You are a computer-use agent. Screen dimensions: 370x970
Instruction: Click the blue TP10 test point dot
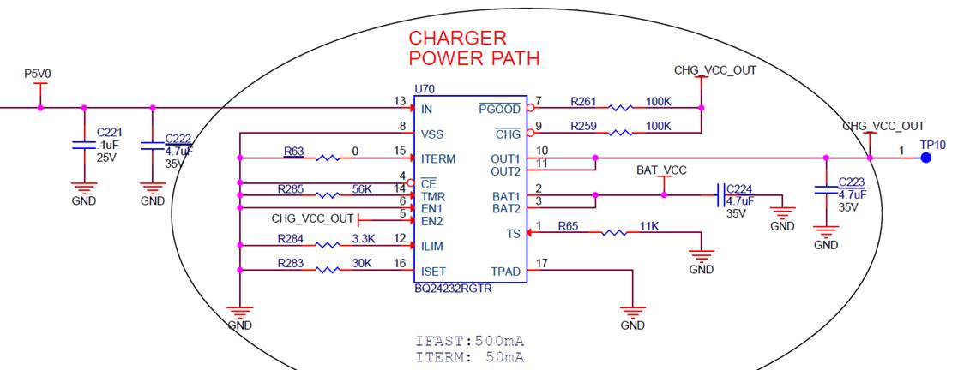[x=925, y=158]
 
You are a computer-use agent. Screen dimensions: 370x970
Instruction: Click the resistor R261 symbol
[x=620, y=108]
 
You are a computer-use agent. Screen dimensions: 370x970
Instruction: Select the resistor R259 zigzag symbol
[x=620, y=133]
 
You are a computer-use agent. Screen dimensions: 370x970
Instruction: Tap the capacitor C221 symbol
[x=83, y=145]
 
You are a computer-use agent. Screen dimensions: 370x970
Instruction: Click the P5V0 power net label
[x=38, y=75]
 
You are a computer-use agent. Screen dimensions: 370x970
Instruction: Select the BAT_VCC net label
[x=661, y=170]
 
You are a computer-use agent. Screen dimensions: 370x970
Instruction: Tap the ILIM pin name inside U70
[x=433, y=246]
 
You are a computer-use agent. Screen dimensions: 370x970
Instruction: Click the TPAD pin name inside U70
[x=505, y=271]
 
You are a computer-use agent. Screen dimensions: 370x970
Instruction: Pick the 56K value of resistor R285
[x=361, y=188]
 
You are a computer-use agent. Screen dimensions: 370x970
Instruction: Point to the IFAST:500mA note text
[x=470, y=341]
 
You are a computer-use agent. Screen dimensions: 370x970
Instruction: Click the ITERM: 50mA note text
[x=470, y=356]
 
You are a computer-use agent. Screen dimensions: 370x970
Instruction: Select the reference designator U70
[x=424, y=89]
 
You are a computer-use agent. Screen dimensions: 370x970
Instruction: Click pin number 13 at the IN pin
[x=400, y=101]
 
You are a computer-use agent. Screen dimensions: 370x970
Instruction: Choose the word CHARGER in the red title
[x=457, y=39]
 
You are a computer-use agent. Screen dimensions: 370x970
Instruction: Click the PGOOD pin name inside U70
[x=499, y=110]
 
